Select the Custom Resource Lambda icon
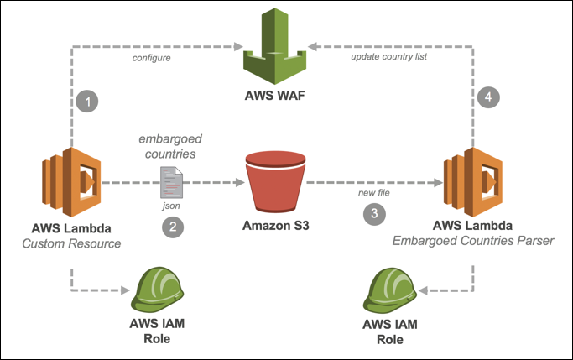click(70, 181)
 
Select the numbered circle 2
click(171, 227)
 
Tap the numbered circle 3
click(375, 214)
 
